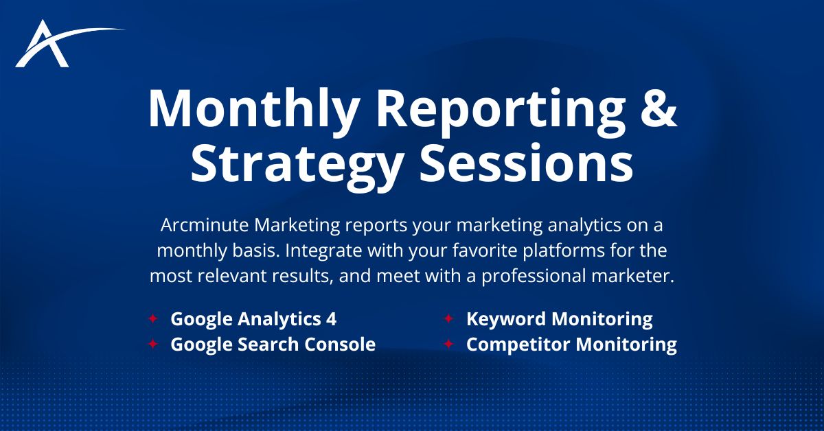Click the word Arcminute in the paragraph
coord(196,225)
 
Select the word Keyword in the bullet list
coord(505,319)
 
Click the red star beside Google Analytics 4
coord(152,319)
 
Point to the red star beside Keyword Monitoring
coord(448,319)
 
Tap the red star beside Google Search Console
coord(152,344)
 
